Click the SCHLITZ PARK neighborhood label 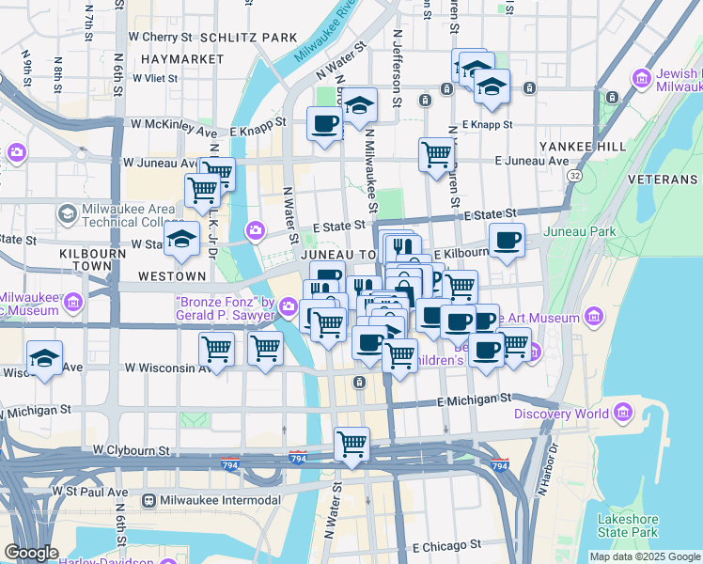pyautogui.click(x=255, y=38)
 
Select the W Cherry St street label pyautogui.click(x=160, y=38)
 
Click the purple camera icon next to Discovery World pyautogui.click(x=622, y=413)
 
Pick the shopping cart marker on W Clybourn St pyautogui.click(x=351, y=443)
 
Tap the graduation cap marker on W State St pyautogui.click(x=182, y=238)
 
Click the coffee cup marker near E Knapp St pyautogui.click(x=325, y=123)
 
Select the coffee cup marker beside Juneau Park pyautogui.click(x=507, y=240)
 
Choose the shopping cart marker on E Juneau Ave pyautogui.click(x=436, y=153)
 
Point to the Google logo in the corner pyautogui.click(x=30, y=553)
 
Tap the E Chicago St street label pyautogui.click(x=446, y=544)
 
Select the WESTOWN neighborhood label pyautogui.click(x=171, y=276)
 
